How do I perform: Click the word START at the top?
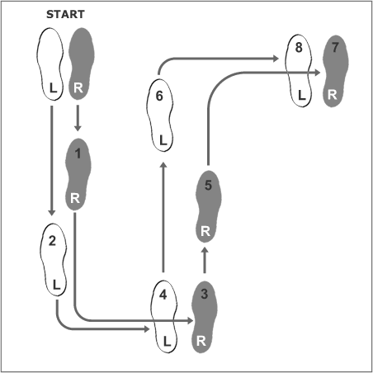tap(65, 14)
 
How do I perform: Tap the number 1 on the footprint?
tap(78, 153)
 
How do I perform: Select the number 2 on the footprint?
tap(52, 241)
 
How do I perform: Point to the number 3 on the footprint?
tap(205, 294)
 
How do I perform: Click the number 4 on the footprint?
tap(163, 295)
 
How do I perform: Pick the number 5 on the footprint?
tap(208, 185)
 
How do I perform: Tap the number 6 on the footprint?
tap(159, 96)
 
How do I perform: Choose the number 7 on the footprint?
tap(335, 47)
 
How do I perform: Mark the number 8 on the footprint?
tap(299, 47)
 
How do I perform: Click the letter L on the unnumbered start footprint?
tap(53, 88)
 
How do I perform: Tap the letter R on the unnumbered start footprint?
tap(78, 88)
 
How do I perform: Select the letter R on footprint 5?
tap(205, 231)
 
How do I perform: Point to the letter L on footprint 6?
tap(163, 140)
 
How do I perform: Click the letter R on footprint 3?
tap(201, 341)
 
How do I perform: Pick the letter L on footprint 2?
tap(56, 285)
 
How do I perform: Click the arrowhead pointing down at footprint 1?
tap(78, 128)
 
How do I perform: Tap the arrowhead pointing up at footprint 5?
tap(205, 251)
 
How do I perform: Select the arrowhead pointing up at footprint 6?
tap(163, 165)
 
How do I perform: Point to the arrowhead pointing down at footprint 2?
tap(52, 212)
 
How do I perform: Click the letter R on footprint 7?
tap(333, 95)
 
